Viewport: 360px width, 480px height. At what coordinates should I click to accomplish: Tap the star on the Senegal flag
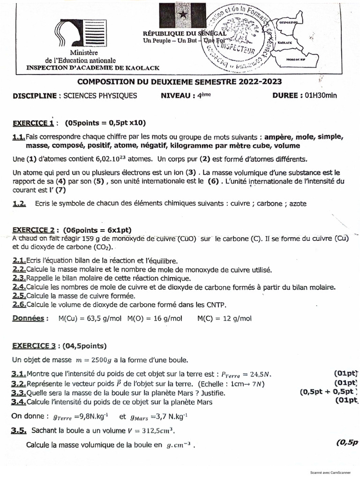(182, 15)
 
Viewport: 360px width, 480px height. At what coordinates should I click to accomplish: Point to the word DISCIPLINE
(35, 96)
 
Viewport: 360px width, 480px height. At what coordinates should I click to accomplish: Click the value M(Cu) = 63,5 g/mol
(89, 319)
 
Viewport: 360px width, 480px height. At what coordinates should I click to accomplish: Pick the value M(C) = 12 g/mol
(224, 319)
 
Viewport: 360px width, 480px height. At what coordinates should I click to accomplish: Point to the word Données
(28, 319)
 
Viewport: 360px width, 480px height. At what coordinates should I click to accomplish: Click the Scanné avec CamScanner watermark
(332, 473)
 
